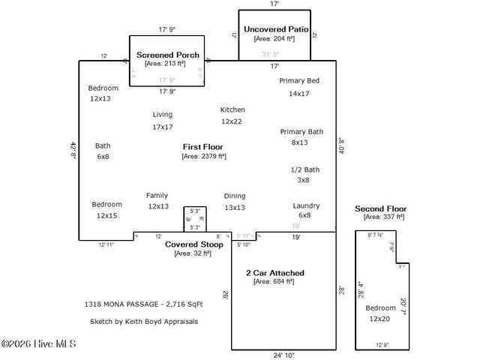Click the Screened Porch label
pos(167,55)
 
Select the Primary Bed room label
pos(299,80)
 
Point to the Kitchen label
pos(232,109)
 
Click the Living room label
pos(163,115)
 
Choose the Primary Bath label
pos(301,131)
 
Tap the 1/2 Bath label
pos(304,169)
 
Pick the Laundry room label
pos(306,205)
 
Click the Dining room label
pos(235,196)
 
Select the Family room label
pos(157,196)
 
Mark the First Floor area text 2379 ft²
pos(204,157)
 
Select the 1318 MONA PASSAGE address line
pos(143,304)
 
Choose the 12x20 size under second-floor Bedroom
pos(379,318)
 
